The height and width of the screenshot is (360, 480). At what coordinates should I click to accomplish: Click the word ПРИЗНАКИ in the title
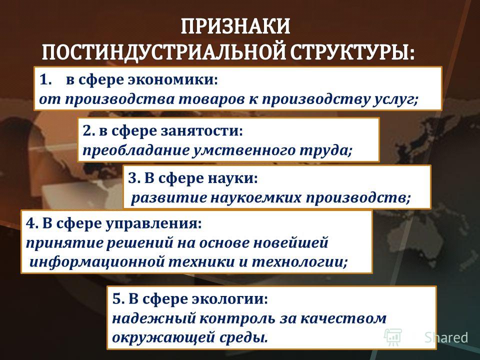pyautogui.click(x=235, y=26)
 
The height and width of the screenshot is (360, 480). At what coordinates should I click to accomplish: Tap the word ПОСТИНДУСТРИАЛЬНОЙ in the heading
pyautogui.click(x=164, y=52)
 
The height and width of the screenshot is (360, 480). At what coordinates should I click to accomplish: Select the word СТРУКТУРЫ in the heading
pyautogui.click(x=352, y=52)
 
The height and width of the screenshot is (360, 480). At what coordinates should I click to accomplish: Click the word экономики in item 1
pyautogui.click(x=172, y=80)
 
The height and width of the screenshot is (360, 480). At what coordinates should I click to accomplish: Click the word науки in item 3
pyautogui.click(x=233, y=178)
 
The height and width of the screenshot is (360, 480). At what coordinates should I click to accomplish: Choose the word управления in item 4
pyautogui.click(x=154, y=224)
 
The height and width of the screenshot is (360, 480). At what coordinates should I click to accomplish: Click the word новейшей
pyautogui.click(x=291, y=243)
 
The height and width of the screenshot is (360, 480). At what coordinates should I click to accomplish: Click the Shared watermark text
pyautogui.click(x=446, y=337)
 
